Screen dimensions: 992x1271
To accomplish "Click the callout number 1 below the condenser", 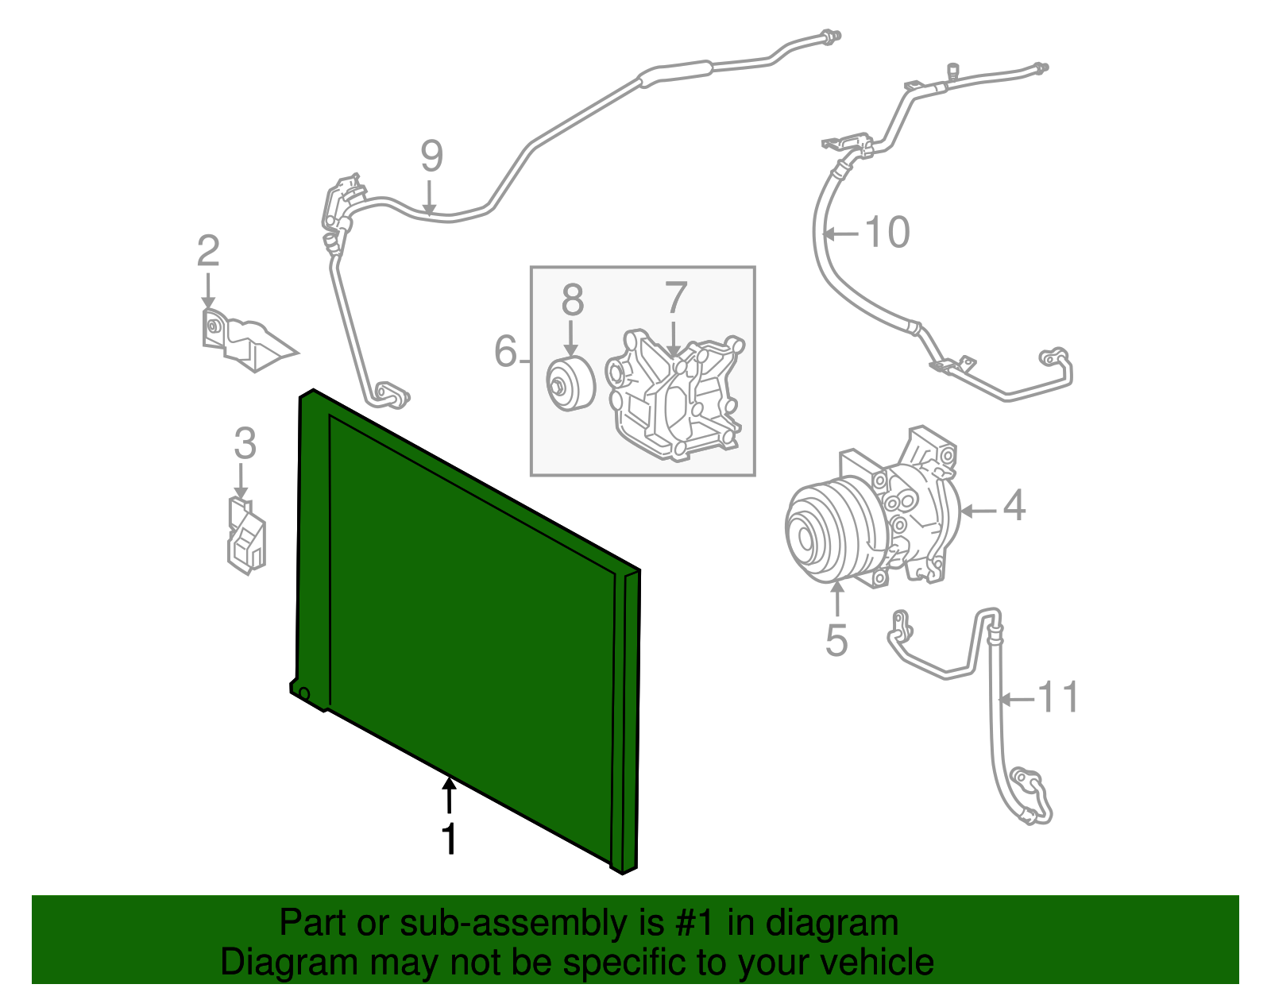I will click(450, 840).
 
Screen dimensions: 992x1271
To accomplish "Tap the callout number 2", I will click(208, 252).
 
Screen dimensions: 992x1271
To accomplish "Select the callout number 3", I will click(245, 444).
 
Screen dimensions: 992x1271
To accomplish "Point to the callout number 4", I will click(1014, 506).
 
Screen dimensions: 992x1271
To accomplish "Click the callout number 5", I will click(836, 639).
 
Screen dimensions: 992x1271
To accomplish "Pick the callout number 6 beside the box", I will click(505, 351).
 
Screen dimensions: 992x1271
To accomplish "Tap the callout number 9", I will click(431, 156).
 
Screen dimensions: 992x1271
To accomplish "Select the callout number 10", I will click(887, 233).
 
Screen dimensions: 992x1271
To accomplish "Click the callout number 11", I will click(1058, 697).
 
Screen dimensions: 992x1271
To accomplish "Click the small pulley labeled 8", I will click(570, 384).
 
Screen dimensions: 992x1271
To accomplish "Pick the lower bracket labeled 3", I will click(246, 536).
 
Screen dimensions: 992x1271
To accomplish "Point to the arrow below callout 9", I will click(429, 199).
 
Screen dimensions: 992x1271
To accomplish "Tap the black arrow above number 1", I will click(450, 794).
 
